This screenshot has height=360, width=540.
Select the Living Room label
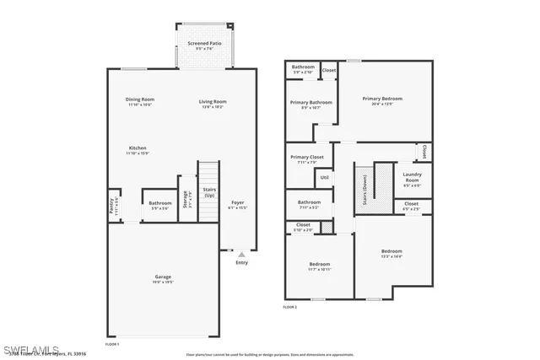point(213,102)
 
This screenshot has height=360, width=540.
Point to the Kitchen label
point(137,149)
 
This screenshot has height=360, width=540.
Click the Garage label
point(163,277)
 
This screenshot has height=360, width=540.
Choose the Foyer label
point(238,203)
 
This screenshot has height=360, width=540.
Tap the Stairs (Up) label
point(209,191)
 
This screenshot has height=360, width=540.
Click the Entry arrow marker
point(242,254)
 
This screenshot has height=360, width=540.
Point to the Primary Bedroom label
point(382,99)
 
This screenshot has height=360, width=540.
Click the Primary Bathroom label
point(310,104)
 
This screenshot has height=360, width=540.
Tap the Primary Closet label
point(307,159)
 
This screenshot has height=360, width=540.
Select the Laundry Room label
point(412,177)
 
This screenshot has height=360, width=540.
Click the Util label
point(324,177)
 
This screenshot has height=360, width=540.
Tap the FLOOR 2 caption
point(290,307)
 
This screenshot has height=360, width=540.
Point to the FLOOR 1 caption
point(111,344)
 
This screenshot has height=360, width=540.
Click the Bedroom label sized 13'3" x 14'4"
point(391,252)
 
